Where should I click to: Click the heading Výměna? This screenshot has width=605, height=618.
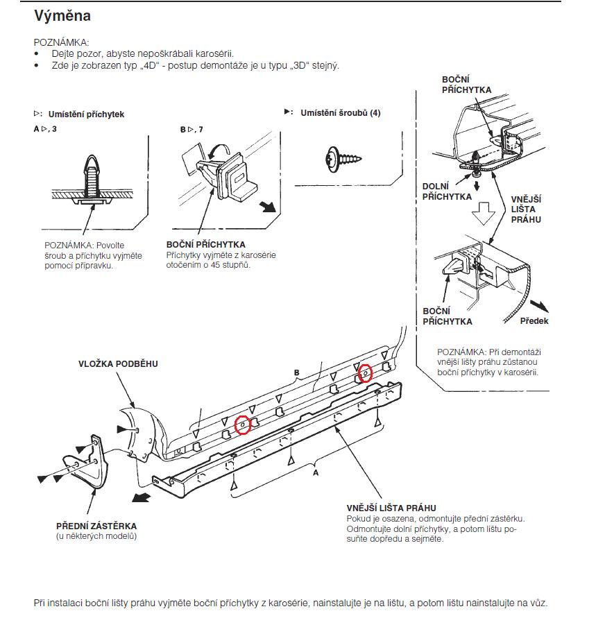point(62,15)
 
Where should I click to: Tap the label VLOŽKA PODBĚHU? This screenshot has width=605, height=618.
point(118,364)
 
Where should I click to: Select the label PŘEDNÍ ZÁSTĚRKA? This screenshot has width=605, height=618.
point(96,526)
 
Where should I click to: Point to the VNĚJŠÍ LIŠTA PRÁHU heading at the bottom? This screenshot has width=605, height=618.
point(391,508)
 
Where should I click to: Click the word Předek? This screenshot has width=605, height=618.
point(534,321)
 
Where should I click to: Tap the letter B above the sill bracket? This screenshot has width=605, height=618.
point(296,373)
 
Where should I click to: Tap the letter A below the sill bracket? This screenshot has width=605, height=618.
point(316,472)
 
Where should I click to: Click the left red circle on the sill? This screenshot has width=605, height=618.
point(242,424)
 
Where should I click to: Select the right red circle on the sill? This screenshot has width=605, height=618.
point(365,373)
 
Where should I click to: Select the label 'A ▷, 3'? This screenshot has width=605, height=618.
point(45,130)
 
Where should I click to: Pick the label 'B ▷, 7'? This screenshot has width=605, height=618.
point(191,130)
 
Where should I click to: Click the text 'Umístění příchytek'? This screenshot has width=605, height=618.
point(86,114)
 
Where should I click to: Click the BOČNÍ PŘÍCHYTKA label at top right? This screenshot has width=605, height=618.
point(466,85)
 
